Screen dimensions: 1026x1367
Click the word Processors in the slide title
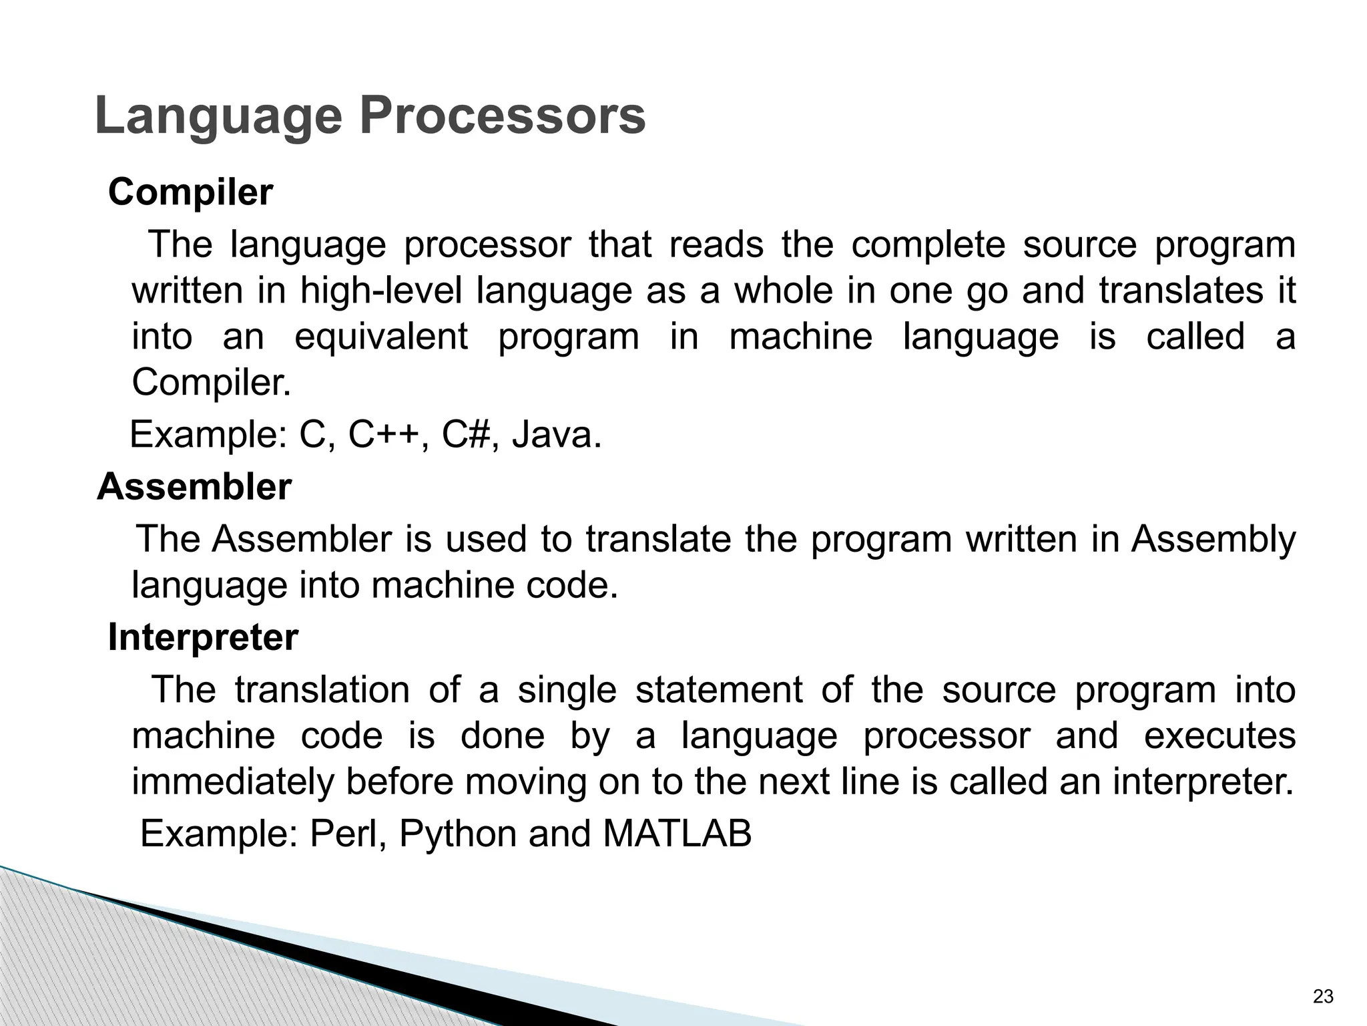pos(503,117)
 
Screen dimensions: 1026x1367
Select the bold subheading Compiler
pos(190,192)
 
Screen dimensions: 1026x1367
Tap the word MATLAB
pos(677,834)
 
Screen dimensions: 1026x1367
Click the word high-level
pos(380,291)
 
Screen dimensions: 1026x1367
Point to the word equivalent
pos(381,336)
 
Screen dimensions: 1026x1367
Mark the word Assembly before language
pos(1213,539)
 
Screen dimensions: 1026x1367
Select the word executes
pos(1219,735)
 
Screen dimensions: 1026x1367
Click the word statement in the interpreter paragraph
pos(719,689)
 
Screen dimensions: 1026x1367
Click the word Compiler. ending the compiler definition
pos(212,383)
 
